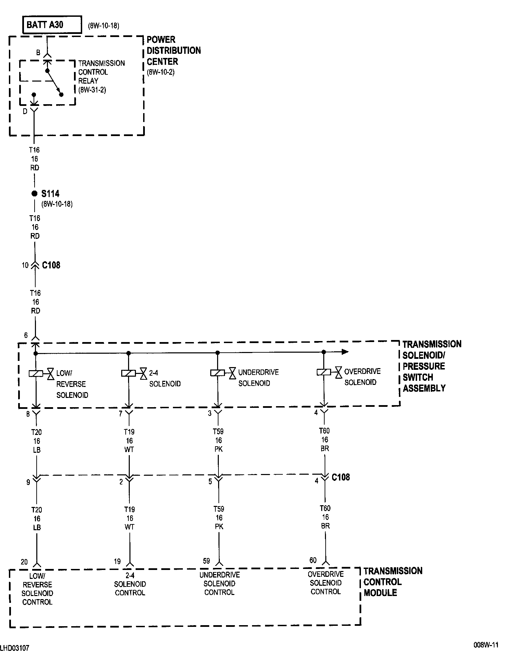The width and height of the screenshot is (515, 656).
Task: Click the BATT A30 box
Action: coord(52,25)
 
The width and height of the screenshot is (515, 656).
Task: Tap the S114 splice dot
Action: coord(34,194)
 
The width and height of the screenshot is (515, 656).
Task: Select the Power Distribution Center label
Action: coord(174,51)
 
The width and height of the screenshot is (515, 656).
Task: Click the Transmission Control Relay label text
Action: coord(101,77)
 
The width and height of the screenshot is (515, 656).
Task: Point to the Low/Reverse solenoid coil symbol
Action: coord(36,374)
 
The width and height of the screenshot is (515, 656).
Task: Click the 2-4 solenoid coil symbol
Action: coord(128,373)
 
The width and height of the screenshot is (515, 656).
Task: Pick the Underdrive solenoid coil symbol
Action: coord(217,373)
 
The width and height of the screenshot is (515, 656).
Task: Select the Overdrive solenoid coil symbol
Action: coord(324,372)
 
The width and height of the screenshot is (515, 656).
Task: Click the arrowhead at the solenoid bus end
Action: coord(345,352)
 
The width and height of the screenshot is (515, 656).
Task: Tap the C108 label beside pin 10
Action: coord(51,265)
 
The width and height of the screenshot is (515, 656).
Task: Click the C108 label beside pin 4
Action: coord(341,477)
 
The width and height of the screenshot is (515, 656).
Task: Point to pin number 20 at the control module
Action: coord(24,562)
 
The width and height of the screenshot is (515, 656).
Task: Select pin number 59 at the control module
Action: coord(206,561)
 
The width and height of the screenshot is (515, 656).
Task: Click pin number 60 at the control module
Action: coord(313,560)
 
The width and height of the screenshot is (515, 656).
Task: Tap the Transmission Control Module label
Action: coord(393,582)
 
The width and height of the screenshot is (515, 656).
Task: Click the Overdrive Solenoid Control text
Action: coord(326,583)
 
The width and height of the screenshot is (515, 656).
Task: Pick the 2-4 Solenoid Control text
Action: coord(130,584)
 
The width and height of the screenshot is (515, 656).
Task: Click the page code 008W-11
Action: coord(486,645)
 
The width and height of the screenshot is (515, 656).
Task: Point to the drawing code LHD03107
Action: coord(15,648)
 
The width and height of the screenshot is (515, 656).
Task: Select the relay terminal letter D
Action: coord(25,112)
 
